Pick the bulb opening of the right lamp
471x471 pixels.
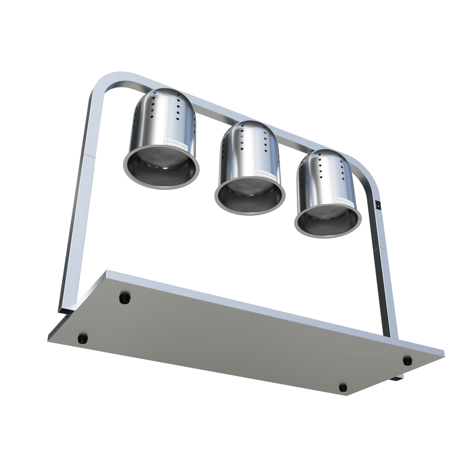(327, 221)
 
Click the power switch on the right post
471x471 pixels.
(377, 203)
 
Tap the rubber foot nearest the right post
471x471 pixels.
(407, 361)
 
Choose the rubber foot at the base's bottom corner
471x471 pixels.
(343, 387)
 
